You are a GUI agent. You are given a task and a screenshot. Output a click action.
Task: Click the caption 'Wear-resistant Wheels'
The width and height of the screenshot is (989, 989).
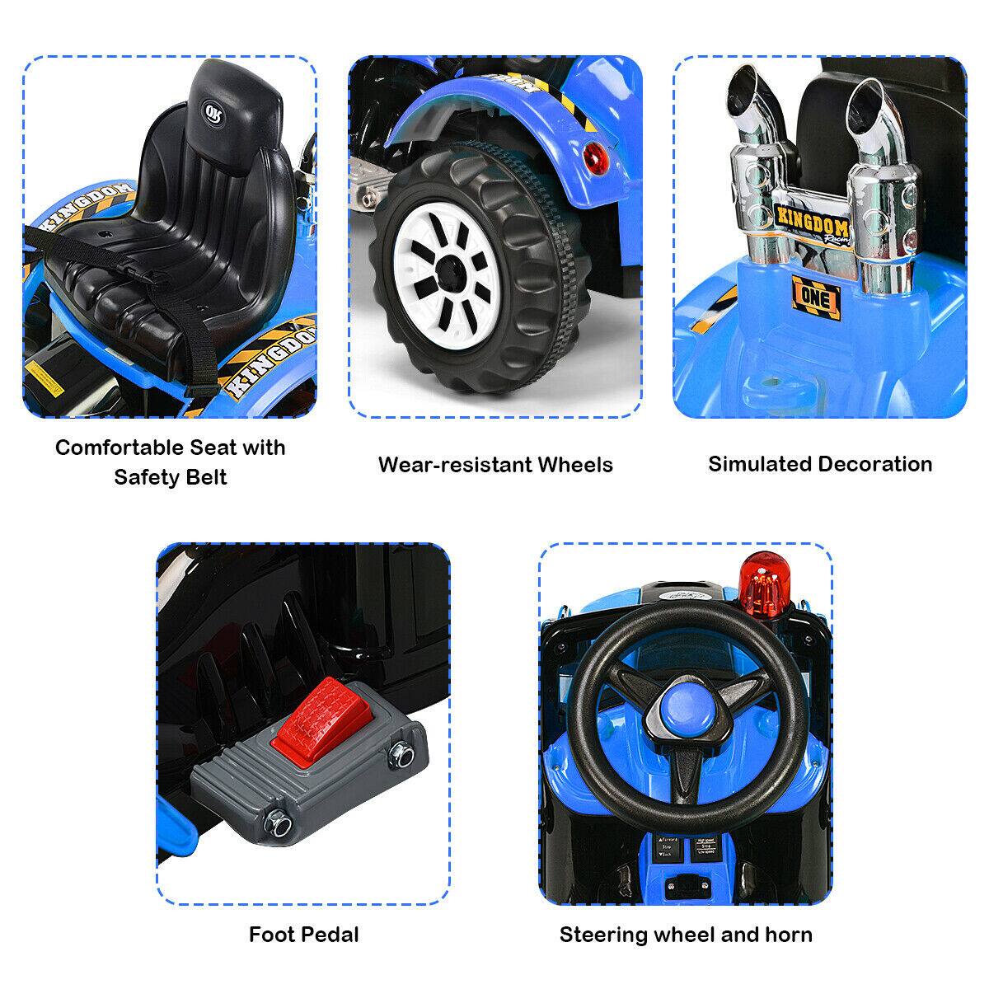click(495, 465)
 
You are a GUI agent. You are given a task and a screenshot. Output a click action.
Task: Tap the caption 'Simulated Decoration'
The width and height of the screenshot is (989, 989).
click(820, 464)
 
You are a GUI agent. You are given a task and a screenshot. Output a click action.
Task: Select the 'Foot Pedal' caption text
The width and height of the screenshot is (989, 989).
click(303, 935)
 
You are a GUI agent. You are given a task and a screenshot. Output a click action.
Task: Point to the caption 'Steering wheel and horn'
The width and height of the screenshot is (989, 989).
click(686, 935)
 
